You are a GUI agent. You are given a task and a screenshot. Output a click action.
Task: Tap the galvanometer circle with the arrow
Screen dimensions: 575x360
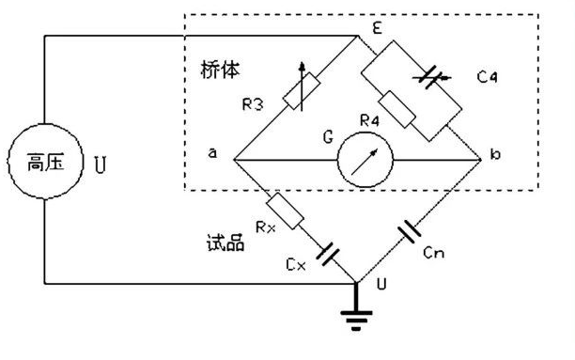[365, 160]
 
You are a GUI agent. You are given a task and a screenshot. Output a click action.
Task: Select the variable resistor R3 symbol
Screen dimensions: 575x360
[302, 90]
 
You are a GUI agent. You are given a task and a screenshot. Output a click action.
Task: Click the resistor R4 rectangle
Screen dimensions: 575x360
[396, 109]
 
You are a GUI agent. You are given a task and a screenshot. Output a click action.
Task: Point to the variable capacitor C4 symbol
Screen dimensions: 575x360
[431, 78]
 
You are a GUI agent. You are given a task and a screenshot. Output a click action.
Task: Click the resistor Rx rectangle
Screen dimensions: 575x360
[285, 211]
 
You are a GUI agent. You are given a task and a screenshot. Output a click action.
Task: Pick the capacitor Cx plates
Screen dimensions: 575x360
[328, 254]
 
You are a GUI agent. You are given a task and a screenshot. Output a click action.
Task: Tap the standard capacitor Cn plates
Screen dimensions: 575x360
[410, 231]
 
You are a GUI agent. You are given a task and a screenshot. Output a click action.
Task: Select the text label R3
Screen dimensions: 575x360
[253, 105]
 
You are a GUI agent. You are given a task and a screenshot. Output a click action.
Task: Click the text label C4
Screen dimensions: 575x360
[488, 77]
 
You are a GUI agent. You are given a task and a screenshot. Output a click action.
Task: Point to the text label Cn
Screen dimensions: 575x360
[434, 253]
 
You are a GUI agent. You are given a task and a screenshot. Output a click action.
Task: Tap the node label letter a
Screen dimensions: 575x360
[212, 153]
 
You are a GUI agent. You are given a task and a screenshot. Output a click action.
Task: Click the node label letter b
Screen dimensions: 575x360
[495, 154]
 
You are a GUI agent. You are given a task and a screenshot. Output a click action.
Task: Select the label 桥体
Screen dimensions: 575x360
[220, 70]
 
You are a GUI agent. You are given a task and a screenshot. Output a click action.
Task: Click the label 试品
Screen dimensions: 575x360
[225, 243]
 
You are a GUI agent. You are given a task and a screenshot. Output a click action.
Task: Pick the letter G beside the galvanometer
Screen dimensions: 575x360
[328, 137]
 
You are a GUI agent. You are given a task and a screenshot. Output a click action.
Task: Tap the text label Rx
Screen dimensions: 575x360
[266, 227]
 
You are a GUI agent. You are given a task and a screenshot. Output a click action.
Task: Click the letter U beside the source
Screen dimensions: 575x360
[101, 164]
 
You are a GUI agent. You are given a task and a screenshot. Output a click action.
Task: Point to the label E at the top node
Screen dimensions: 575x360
[378, 28]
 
